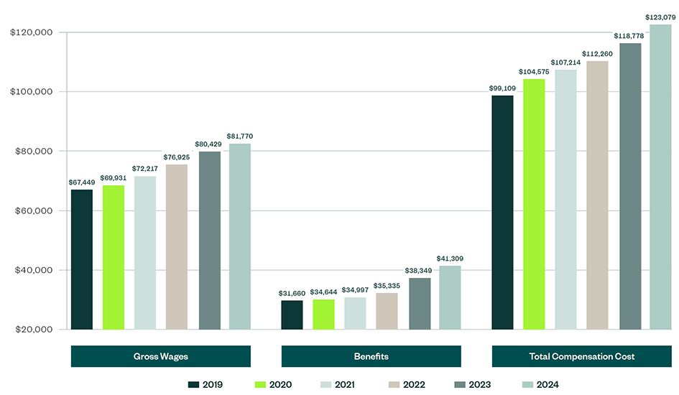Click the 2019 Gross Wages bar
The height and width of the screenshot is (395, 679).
(x=81, y=259)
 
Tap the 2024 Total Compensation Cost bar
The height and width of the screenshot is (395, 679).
(x=660, y=177)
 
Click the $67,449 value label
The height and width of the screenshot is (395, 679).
(x=81, y=182)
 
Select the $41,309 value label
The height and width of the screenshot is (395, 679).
(x=450, y=258)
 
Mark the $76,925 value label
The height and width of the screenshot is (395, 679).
(x=176, y=157)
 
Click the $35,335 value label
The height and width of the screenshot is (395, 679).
(x=387, y=285)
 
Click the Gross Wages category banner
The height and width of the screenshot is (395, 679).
(x=160, y=356)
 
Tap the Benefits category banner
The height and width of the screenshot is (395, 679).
(x=371, y=356)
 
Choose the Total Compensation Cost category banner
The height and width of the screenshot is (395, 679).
(x=581, y=356)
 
